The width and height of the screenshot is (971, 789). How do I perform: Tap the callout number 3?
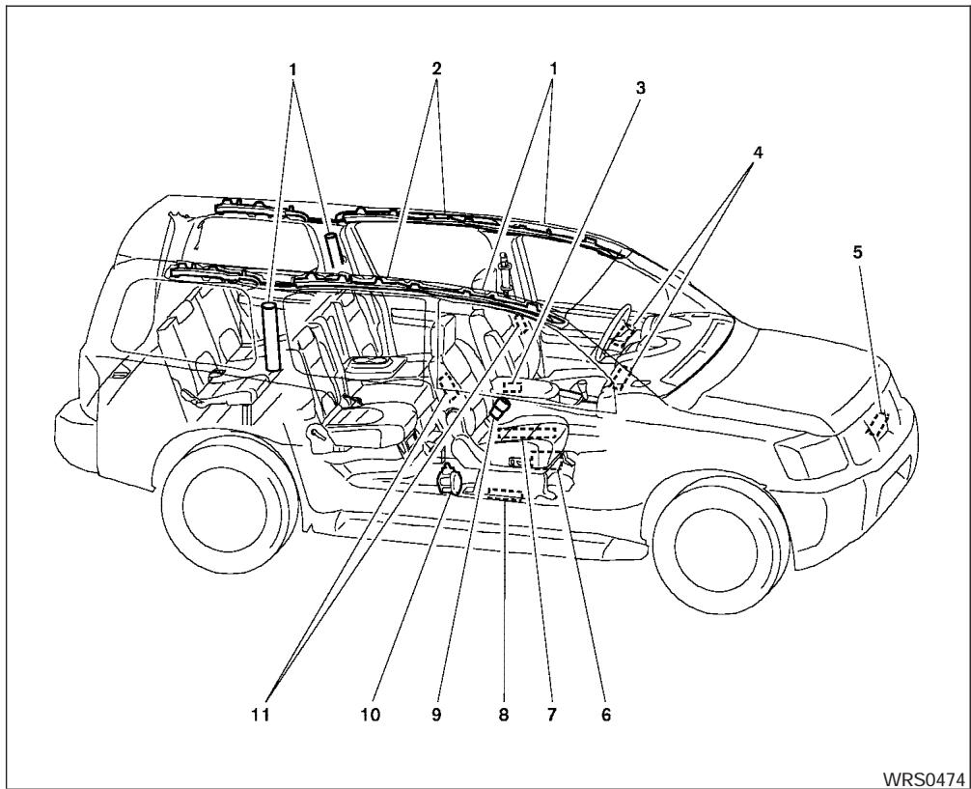click(640, 87)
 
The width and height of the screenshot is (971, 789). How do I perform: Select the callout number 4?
click(759, 153)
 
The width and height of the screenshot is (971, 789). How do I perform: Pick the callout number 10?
click(372, 716)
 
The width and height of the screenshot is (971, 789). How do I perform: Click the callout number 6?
click(607, 716)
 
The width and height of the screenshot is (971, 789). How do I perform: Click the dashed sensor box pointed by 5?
click(877, 425)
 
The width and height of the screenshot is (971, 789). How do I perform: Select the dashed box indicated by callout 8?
click(505, 497)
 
